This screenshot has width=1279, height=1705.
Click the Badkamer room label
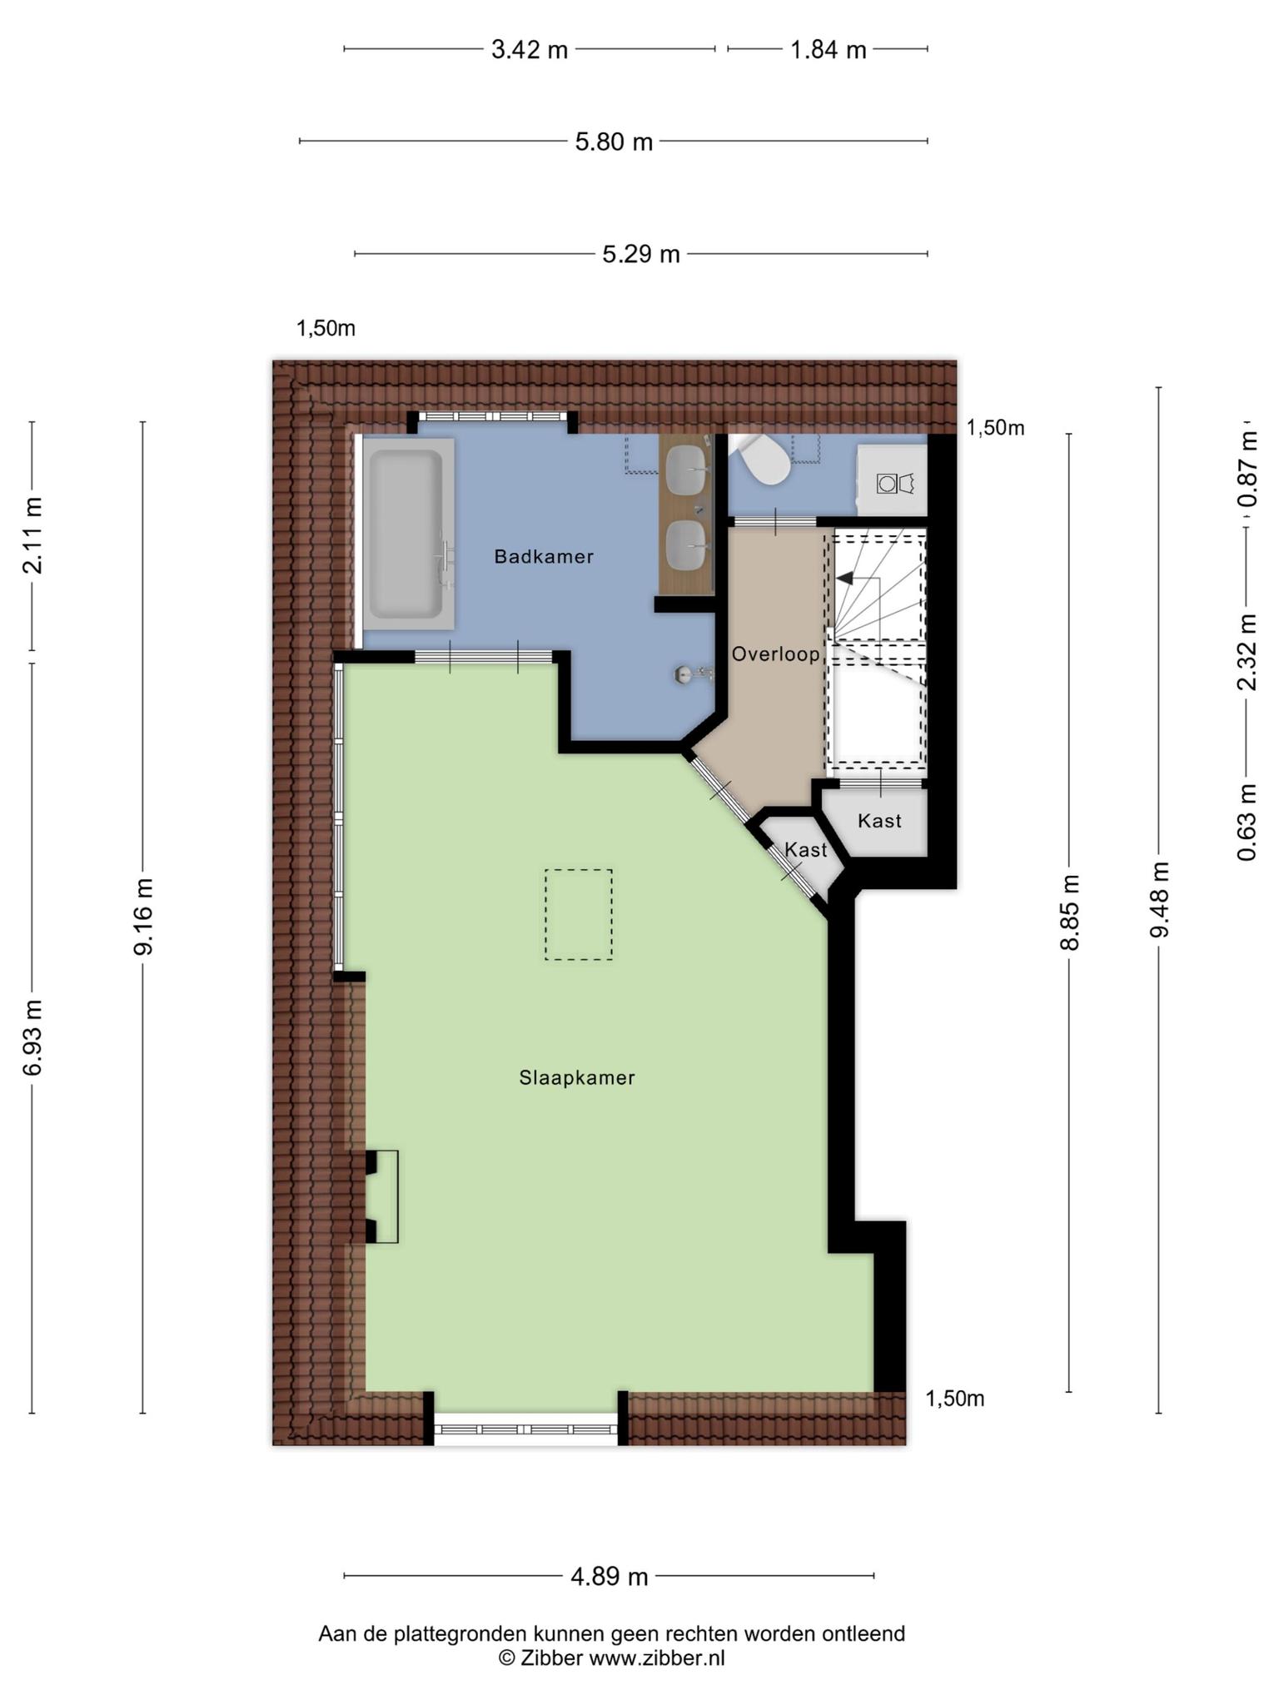544,556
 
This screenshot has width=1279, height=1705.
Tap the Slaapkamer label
577,1077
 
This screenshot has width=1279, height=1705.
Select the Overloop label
776,654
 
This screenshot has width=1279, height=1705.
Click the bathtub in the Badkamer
408,534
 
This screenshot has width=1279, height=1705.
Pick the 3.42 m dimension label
530,50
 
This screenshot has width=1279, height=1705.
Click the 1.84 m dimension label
829,50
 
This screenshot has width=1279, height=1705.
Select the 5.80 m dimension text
614,142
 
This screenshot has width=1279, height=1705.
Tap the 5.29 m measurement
641,254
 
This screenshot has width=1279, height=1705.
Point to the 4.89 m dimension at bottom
609,1577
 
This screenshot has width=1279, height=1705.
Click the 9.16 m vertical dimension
143,916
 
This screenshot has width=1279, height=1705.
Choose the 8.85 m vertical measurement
1069,912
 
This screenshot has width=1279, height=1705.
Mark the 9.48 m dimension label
1159,900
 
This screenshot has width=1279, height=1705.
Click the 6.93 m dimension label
32,1037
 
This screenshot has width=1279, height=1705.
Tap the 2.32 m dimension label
1247,652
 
